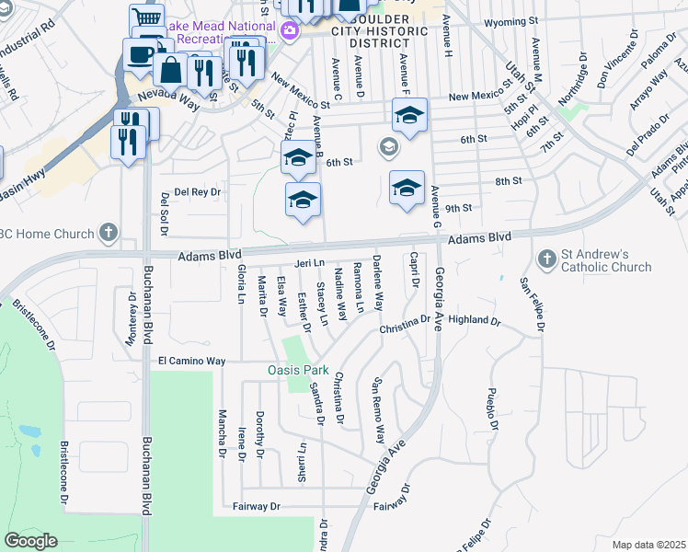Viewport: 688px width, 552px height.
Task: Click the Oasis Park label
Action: click(298, 370)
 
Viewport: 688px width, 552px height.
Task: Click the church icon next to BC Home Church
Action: click(109, 233)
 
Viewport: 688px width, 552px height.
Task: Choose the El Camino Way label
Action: click(191, 362)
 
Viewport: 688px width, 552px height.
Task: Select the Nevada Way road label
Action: click(168, 97)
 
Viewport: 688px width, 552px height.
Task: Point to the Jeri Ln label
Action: click(310, 263)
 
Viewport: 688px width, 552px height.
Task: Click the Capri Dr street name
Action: click(415, 269)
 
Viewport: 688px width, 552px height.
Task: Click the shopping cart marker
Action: click(146, 19)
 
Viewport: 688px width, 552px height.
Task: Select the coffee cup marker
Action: click(141, 53)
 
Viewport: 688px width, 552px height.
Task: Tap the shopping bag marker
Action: click(171, 67)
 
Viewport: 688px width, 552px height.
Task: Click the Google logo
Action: click(31, 541)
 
